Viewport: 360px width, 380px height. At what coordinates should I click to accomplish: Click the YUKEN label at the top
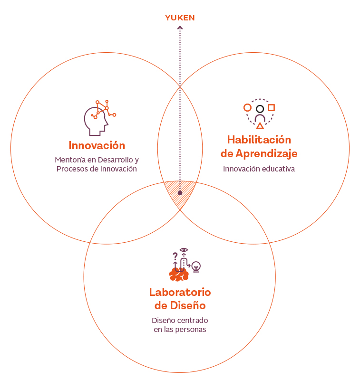coord(180,18)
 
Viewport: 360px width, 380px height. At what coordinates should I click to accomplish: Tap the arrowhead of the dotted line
coord(180,28)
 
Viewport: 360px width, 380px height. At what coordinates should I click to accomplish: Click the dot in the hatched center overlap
coord(180,193)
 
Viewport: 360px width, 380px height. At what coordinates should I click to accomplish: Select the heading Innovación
coord(97,145)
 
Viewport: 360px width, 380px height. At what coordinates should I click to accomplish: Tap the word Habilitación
coord(259,140)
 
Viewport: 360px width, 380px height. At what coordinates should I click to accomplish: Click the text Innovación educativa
coord(259,169)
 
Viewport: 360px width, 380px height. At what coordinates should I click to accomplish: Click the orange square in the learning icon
coord(271,108)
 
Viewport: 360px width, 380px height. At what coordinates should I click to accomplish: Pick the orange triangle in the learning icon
coord(260,126)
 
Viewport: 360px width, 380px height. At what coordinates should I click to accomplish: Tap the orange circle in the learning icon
coord(247,108)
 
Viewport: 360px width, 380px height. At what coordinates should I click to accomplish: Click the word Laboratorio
coord(180,292)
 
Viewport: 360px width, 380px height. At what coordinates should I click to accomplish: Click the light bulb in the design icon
coord(195,266)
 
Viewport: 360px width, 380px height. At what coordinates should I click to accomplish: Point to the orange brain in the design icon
coord(179,274)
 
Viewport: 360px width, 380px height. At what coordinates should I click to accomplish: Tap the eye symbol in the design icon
coord(184,250)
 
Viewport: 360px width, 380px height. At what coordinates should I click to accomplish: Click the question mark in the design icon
coord(175,256)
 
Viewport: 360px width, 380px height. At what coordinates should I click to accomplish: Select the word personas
coord(190,329)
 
